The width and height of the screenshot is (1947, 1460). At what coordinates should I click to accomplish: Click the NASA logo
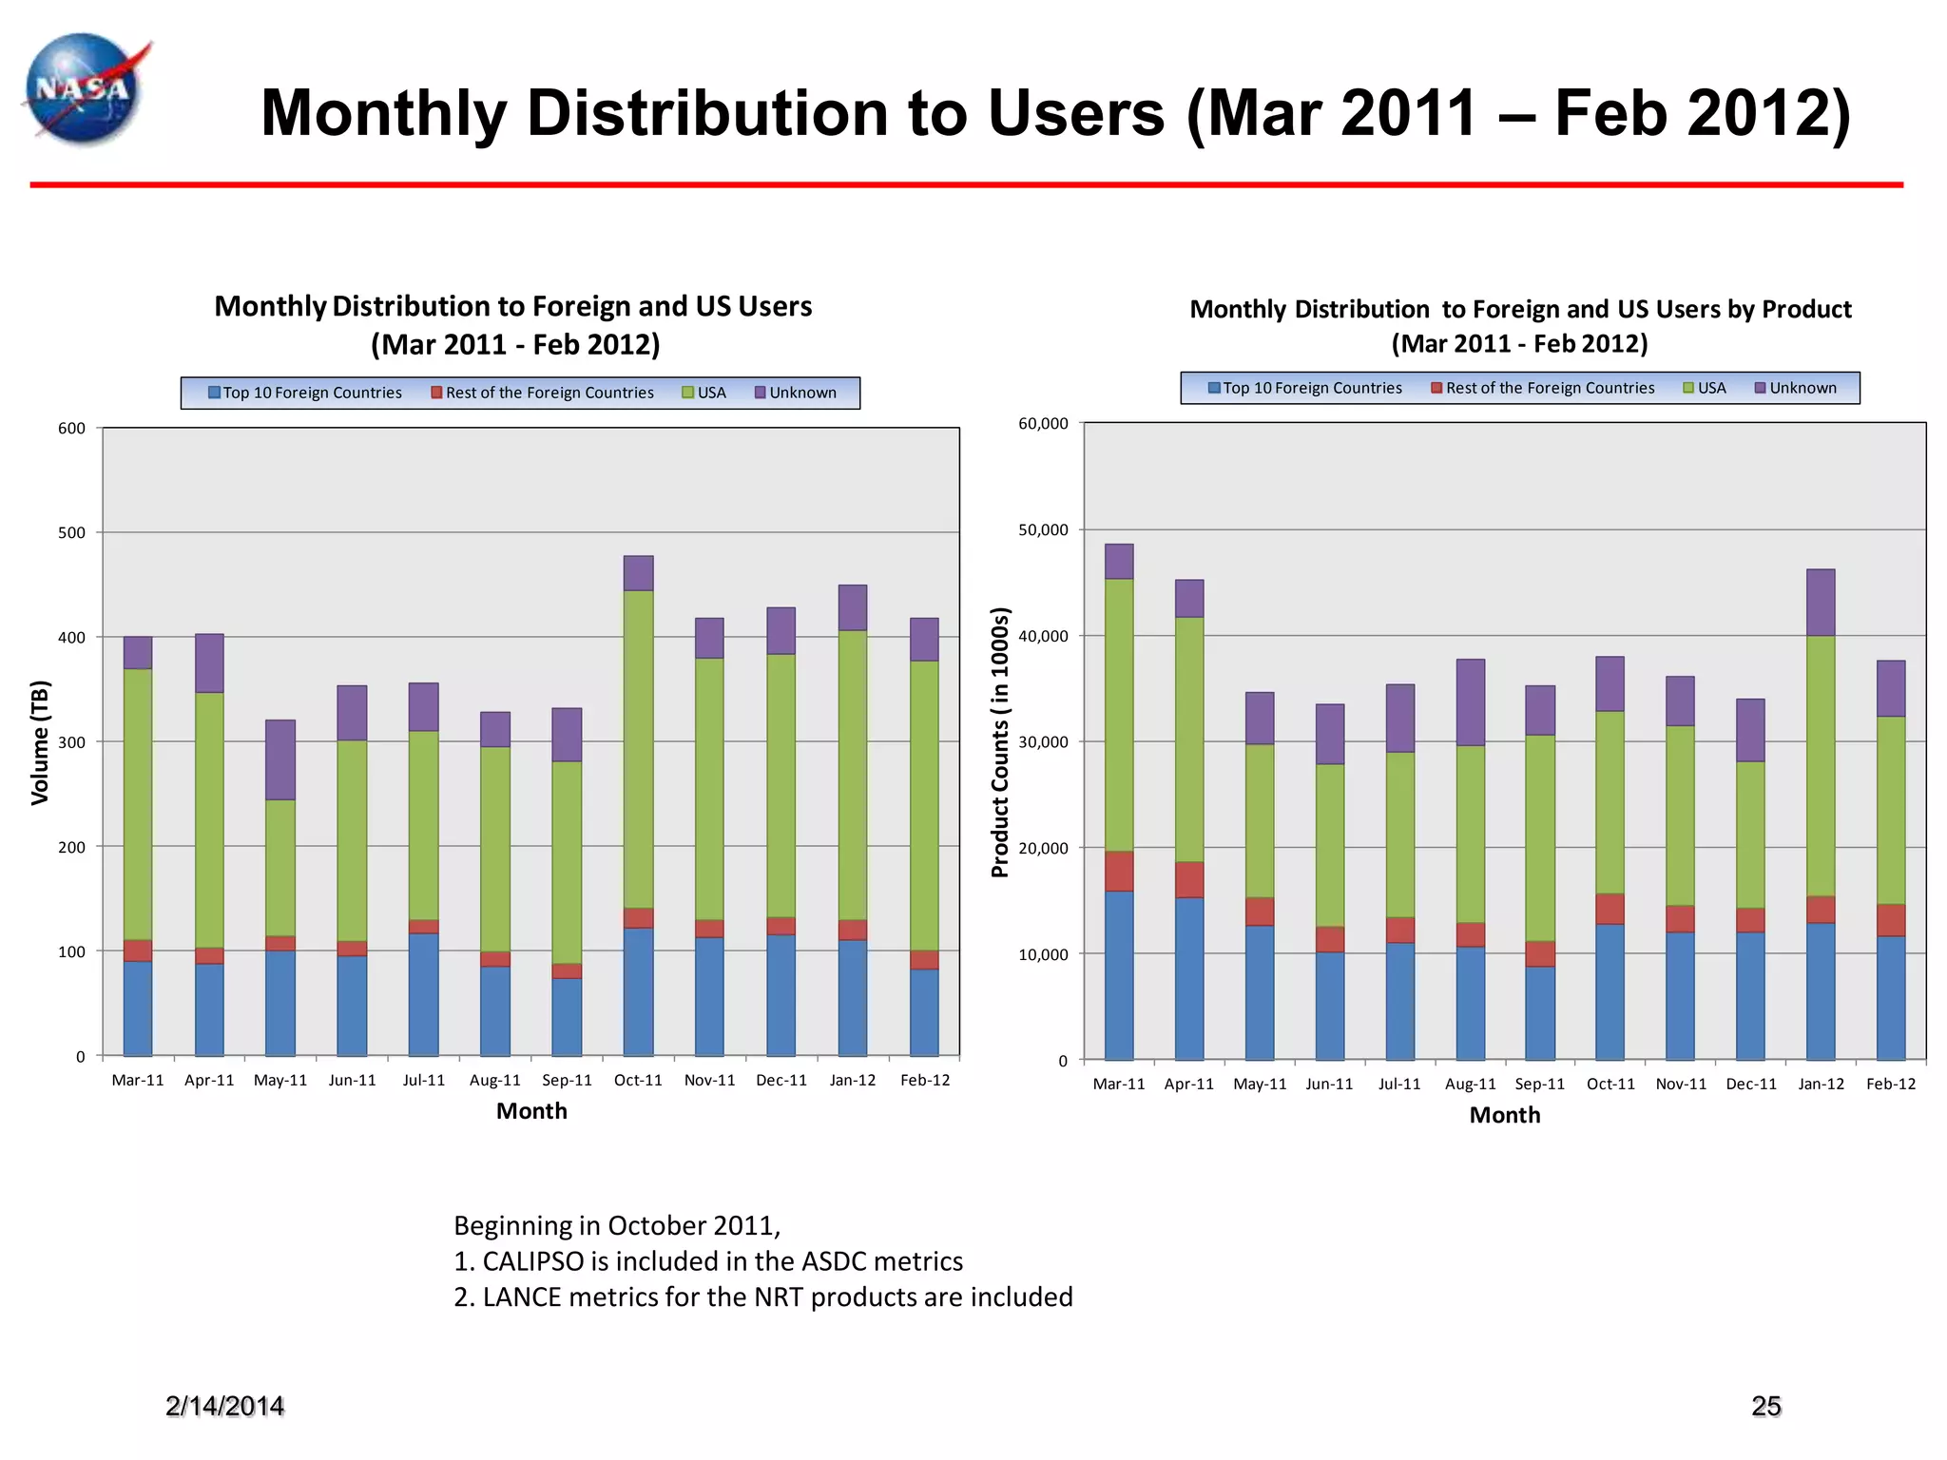(x=84, y=90)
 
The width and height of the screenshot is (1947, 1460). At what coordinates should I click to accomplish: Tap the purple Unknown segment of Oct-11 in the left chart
(x=638, y=573)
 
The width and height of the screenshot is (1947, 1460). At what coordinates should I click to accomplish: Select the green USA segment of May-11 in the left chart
(x=280, y=867)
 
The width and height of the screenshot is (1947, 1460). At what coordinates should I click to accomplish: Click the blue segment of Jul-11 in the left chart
(x=423, y=994)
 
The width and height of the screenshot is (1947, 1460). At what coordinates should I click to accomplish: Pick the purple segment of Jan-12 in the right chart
(x=1820, y=603)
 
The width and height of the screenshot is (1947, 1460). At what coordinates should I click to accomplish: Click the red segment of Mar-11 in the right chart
(x=1119, y=871)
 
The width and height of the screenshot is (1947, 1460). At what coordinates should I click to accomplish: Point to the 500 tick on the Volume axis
(x=71, y=533)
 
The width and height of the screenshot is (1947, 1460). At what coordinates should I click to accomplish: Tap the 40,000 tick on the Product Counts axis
(x=1043, y=636)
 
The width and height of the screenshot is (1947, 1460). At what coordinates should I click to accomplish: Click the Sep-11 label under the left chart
(x=567, y=1081)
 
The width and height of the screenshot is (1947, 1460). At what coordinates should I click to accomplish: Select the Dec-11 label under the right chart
(x=1750, y=1085)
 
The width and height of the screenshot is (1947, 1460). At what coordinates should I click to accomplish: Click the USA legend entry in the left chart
(x=704, y=393)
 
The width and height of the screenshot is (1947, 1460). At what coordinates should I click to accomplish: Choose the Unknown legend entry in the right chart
(x=1796, y=388)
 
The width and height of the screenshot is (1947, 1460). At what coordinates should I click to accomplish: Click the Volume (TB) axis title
(x=39, y=742)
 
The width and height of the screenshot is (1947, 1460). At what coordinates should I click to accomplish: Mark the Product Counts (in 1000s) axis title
(x=999, y=742)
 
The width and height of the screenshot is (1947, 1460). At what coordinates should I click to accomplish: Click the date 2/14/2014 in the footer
(x=224, y=1406)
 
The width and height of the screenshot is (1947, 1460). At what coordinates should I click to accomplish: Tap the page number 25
(x=1765, y=1406)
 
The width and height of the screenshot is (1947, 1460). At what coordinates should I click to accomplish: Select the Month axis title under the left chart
(x=531, y=1111)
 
